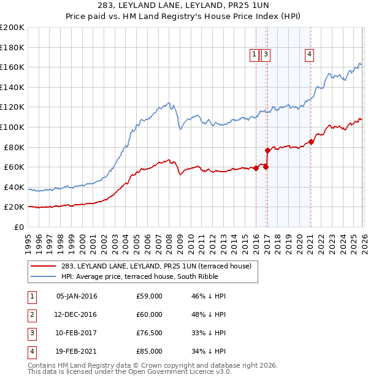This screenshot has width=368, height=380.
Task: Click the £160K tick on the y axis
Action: [12, 67]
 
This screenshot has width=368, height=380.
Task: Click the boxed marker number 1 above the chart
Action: [255, 55]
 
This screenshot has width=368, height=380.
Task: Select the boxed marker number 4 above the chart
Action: [310, 55]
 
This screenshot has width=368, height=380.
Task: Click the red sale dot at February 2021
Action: [311, 142]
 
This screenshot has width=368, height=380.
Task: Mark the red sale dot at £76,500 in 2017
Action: [267, 150]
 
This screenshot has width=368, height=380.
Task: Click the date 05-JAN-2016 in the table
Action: [77, 296]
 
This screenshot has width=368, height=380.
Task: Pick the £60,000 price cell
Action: [150, 314]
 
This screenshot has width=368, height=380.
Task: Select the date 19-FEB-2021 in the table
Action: [77, 351]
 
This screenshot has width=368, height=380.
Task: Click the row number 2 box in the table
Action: [31, 314]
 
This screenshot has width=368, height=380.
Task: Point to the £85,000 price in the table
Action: [150, 351]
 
